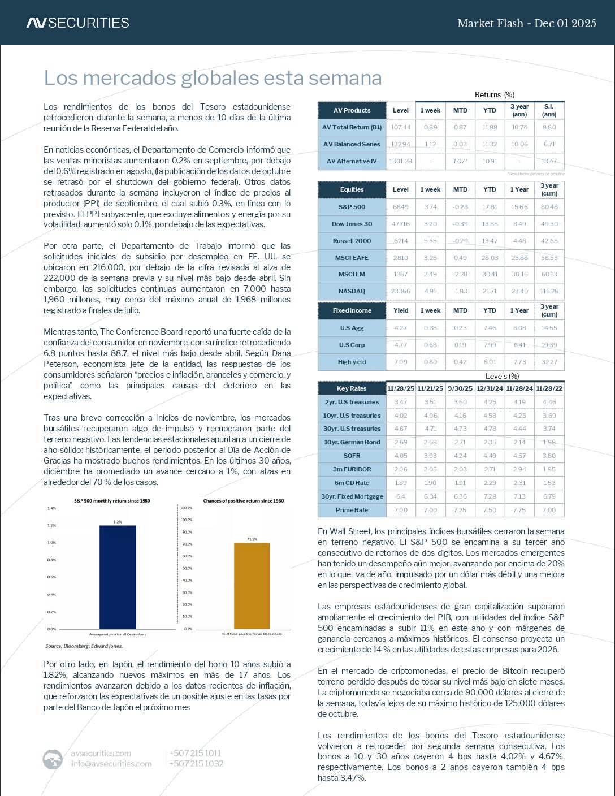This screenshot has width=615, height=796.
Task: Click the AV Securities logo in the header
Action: (78, 23)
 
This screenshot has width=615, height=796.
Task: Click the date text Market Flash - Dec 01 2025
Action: (526, 23)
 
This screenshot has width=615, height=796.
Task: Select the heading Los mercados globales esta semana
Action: (213, 78)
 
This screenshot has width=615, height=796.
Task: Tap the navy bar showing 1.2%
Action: (118, 577)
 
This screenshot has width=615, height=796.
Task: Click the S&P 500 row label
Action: (352, 207)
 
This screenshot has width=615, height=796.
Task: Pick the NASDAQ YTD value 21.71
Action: (490, 291)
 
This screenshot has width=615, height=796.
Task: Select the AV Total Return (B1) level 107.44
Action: (401, 127)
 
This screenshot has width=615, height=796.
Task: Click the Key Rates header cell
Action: (352, 388)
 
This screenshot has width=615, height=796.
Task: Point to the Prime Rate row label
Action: (352, 510)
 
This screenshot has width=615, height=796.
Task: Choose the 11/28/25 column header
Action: (401, 388)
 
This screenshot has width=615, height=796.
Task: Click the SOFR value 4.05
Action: (401, 456)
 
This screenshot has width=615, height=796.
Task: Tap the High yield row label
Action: (352, 362)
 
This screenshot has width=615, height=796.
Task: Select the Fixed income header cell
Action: (352, 310)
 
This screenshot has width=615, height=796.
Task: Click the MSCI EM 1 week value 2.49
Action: (430, 274)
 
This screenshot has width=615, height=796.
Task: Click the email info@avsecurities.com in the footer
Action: (111, 764)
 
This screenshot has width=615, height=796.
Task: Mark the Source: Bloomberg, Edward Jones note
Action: (84, 646)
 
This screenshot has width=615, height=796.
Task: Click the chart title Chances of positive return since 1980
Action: (244, 501)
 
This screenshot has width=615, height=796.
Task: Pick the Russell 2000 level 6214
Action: (401, 241)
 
